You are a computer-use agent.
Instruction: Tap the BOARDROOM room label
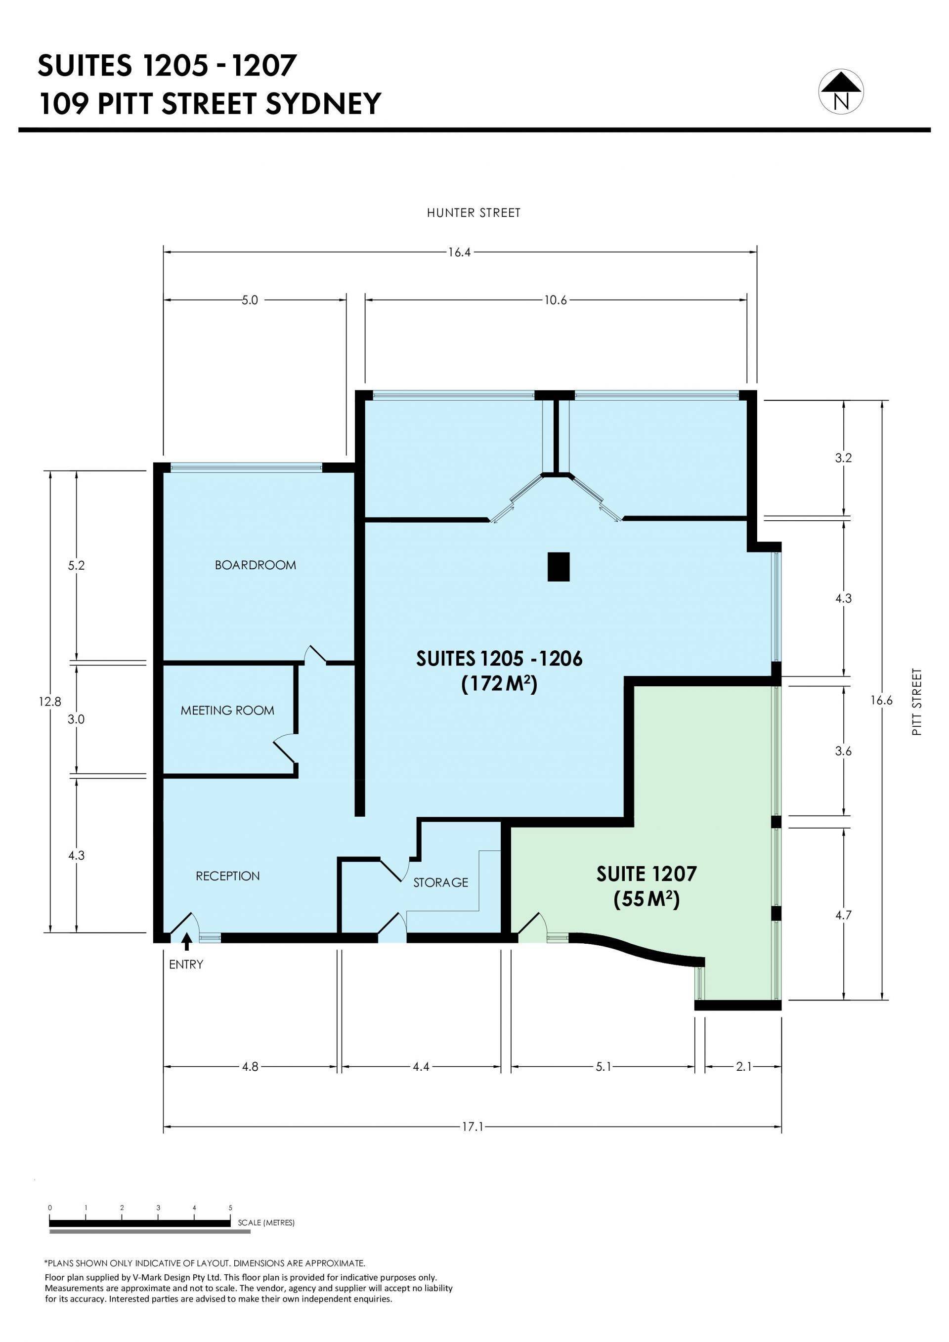(x=256, y=565)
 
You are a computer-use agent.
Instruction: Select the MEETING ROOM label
(x=227, y=711)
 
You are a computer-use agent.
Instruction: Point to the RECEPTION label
(x=227, y=876)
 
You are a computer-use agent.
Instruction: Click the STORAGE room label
(x=441, y=882)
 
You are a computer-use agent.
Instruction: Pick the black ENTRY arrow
(x=186, y=942)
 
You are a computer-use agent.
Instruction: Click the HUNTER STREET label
(x=474, y=213)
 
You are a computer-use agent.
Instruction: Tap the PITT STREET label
(x=917, y=702)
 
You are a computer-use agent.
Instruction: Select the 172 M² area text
(x=499, y=683)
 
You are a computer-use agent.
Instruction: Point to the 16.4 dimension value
(x=460, y=252)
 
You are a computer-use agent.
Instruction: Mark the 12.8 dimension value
(x=50, y=702)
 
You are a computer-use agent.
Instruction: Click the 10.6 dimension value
(x=556, y=300)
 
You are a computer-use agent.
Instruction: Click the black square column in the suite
(x=559, y=567)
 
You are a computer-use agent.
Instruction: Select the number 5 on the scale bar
(x=230, y=1208)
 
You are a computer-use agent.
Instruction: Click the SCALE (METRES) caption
(x=266, y=1223)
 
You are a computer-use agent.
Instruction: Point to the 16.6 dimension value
(x=882, y=701)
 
